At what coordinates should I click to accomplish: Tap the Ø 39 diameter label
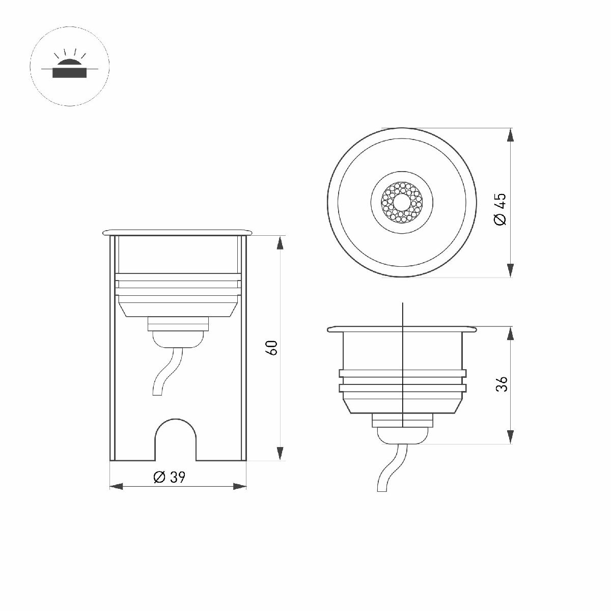pyautogui.click(x=170, y=477)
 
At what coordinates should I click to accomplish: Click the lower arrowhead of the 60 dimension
pyautogui.click(x=280, y=453)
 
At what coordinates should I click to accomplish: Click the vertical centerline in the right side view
pyautogui.click(x=403, y=356)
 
